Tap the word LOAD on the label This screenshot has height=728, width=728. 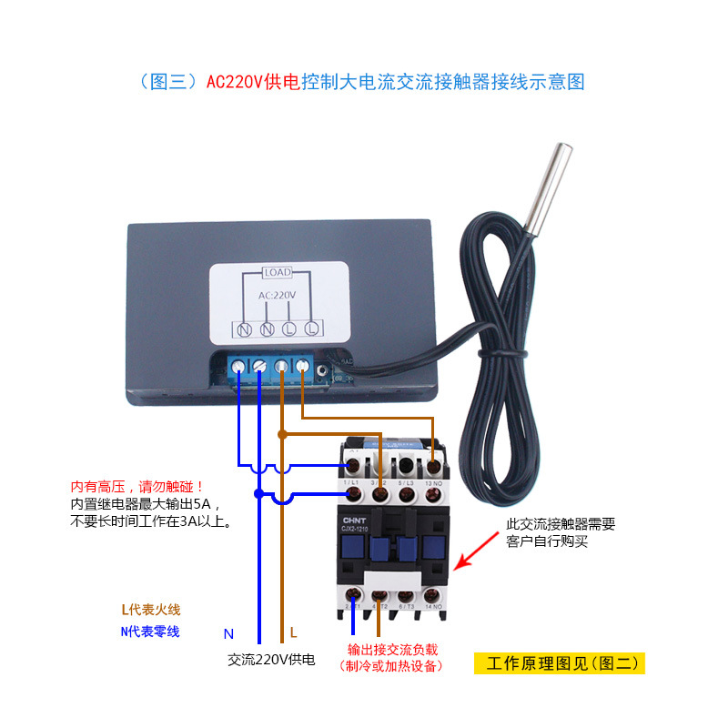tap(277, 272)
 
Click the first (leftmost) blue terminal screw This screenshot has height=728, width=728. tap(238, 367)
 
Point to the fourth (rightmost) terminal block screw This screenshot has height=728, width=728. tap(301, 367)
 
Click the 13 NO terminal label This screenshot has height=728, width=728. tap(434, 481)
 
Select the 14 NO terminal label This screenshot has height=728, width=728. tap(434, 604)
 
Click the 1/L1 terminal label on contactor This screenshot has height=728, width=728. tap(353, 481)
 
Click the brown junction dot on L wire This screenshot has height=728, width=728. tap(282, 434)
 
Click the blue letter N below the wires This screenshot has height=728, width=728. tap(229, 632)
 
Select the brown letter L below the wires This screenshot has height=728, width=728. tap(293, 632)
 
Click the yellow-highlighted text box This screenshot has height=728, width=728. tap(559, 662)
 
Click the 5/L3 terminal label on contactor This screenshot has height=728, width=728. tap(408, 481)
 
